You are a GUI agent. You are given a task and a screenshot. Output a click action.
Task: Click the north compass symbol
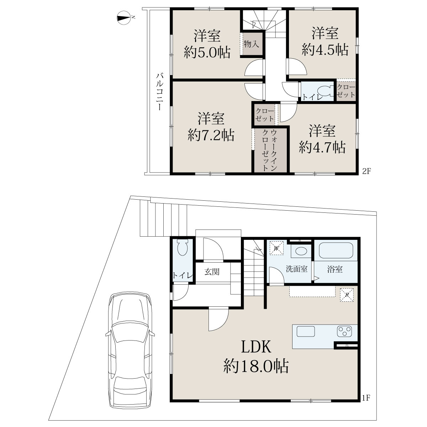pyautogui.click(x=124, y=17)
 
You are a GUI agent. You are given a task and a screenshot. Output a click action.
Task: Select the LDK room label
pyautogui.click(x=256, y=347)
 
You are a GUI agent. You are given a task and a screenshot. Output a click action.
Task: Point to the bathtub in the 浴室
pyautogui.click(x=336, y=250)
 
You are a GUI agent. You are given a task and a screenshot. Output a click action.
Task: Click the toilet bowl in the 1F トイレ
pyautogui.click(x=183, y=248)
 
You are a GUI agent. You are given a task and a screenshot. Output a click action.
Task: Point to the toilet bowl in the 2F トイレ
pyautogui.click(x=326, y=91)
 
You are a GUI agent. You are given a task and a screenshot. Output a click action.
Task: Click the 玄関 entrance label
pyautogui.click(x=212, y=272)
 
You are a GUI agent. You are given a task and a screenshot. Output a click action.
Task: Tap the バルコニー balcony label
pyautogui.click(x=159, y=92)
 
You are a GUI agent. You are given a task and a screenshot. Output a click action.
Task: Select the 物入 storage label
pyautogui.click(x=251, y=44)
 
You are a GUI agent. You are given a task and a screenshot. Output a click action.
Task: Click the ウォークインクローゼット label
pyautogui.click(x=269, y=150)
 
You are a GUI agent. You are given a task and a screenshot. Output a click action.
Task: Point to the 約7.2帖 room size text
pyautogui.click(x=211, y=135)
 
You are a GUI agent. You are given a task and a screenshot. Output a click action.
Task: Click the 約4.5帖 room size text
pyautogui.click(x=325, y=49)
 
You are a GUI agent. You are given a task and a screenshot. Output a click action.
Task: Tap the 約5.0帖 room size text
pyautogui.click(x=207, y=52)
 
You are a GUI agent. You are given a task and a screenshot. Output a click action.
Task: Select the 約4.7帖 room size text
pyautogui.click(x=322, y=147)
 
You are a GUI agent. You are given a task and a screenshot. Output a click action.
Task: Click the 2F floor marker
pyautogui.click(x=366, y=171)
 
